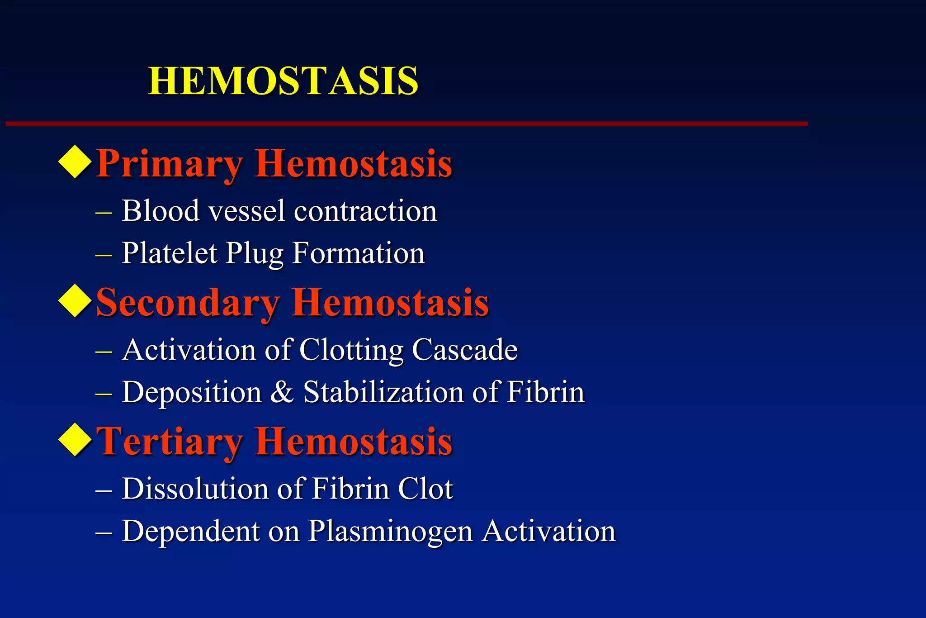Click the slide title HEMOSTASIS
pyautogui.click(x=283, y=81)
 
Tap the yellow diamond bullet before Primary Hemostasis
pyautogui.click(x=75, y=162)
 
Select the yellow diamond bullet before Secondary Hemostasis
pyautogui.click(x=75, y=301)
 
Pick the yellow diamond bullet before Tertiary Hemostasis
pyautogui.click(x=75, y=440)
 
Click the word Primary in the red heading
pyautogui.click(x=170, y=164)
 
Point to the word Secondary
pyautogui.click(x=188, y=303)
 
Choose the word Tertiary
pyautogui.click(x=170, y=442)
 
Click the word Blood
pyautogui.click(x=161, y=211)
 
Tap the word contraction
pyautogui.click(x=365, y=212)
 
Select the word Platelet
pyautogui.click(x=170, y=253)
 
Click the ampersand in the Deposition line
pyautogui.click(x=282, y=392)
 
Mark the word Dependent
pyautogui.click(x=190, y=531)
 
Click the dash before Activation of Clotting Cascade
pyautogui.click(x=104, y=351)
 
